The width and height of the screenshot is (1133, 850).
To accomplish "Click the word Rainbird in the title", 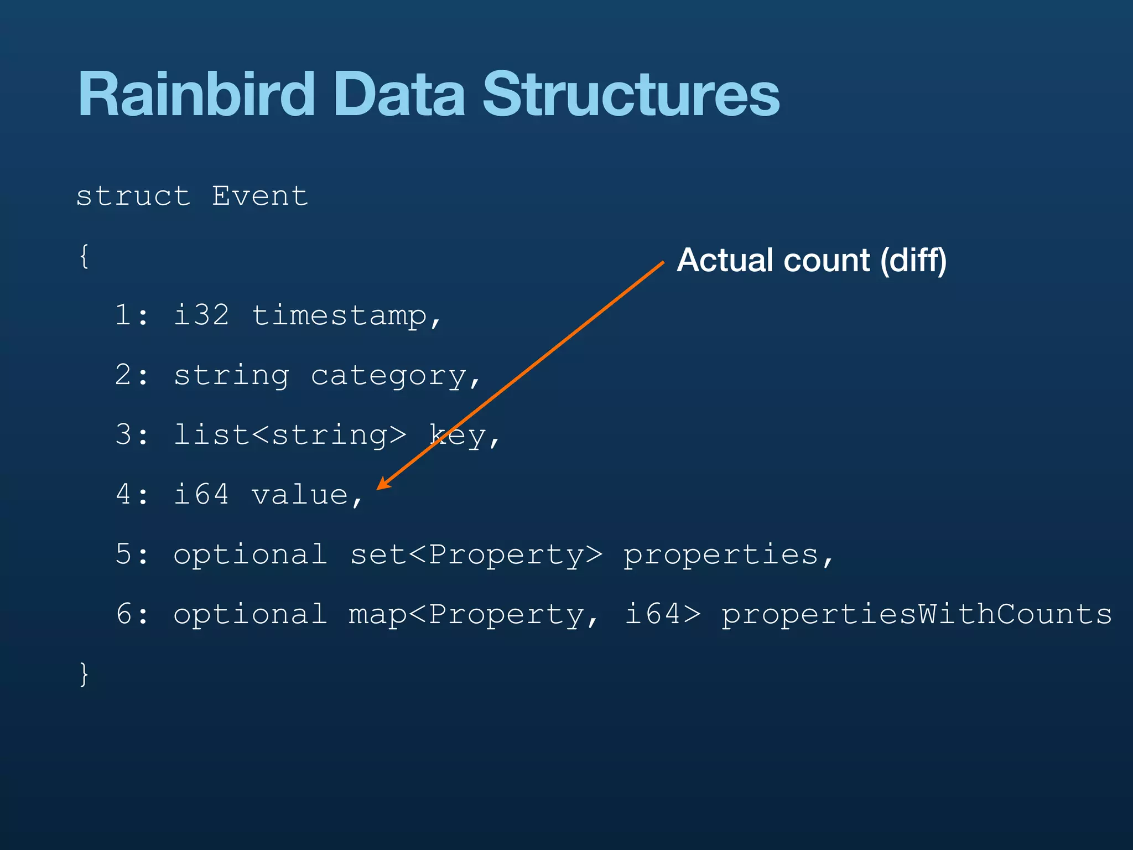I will pyautogui.click(x=196, y=95).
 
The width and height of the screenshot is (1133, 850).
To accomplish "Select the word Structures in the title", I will pyautogui.click(x=631, y=95).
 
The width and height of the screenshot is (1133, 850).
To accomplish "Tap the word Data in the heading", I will pyautogui.click(x=399, y=95).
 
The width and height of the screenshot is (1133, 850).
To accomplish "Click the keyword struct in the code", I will pyautogui.click(x=133, y=196).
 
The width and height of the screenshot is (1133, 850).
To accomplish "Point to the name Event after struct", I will pyautogui.click(x=260, y=196).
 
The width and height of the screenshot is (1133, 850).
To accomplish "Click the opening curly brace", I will pyautogui.click(x=84, y=256).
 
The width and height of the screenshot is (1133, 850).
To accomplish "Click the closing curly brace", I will pyautogui.click(x=84, y=674).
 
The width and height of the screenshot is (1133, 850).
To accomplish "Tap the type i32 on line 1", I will pyautogui.click(x=201, y=315).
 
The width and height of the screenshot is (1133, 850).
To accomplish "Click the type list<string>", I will pyautogui.click(x=290, y=435).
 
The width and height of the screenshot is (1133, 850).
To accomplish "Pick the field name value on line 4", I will pyautogui.click(x=300, y=495).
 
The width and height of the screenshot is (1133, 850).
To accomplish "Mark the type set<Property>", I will pyautogui.click(x=476, y=555).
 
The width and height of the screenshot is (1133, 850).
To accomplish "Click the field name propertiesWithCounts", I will pyautogui.click(x=916, y=615).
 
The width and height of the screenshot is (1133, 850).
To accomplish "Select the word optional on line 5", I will pyautogui.click(x=250, y=555).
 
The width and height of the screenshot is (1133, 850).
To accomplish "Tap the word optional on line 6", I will pyautogui.click(x=250, y=615).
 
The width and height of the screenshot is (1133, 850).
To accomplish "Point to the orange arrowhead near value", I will pyautogui.click(x=383, y=484).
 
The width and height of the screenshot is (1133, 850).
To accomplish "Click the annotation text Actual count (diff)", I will pyautogui.click(x=812, y=260).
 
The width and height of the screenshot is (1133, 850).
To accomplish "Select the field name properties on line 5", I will pyautogui.click(x=721, y=555).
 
